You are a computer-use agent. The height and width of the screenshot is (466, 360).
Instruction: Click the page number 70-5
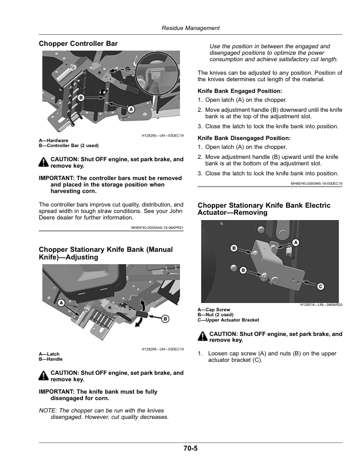[191, 448]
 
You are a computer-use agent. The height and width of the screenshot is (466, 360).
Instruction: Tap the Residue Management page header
[191, 28]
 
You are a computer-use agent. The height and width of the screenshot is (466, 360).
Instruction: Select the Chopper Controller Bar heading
[78, 44]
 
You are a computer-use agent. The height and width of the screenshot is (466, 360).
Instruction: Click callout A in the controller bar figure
[131, 109]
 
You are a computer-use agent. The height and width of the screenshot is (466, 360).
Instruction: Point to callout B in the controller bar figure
[81, 98]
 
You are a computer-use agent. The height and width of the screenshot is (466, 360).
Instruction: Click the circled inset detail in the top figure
[157, 74]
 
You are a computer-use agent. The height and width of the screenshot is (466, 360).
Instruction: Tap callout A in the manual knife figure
[61, 303]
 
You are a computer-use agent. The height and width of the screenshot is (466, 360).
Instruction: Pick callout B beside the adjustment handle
[165, 319]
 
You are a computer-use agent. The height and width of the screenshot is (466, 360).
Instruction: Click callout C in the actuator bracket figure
[321, 287]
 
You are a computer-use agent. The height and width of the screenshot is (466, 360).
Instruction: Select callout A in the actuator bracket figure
[295, 242]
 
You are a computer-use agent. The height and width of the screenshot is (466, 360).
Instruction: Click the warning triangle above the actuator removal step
[202, 336]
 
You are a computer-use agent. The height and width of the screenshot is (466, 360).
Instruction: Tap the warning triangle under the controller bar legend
[44, 162]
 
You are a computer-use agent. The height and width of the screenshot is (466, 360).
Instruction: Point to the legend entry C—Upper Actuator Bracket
[228, 320]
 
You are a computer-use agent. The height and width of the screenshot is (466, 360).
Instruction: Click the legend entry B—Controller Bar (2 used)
[69, 146]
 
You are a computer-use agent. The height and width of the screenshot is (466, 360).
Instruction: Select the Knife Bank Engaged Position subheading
[239, 91]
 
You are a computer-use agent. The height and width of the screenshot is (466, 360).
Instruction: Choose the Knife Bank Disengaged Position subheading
[244, 138]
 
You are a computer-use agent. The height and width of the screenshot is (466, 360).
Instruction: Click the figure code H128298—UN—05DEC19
[162, 349]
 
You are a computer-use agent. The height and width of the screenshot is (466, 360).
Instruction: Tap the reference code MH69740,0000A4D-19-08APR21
[158, 228]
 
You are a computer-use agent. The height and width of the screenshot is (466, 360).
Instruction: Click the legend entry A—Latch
[49, 354]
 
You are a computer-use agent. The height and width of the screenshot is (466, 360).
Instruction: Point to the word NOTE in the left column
[47, 411]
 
